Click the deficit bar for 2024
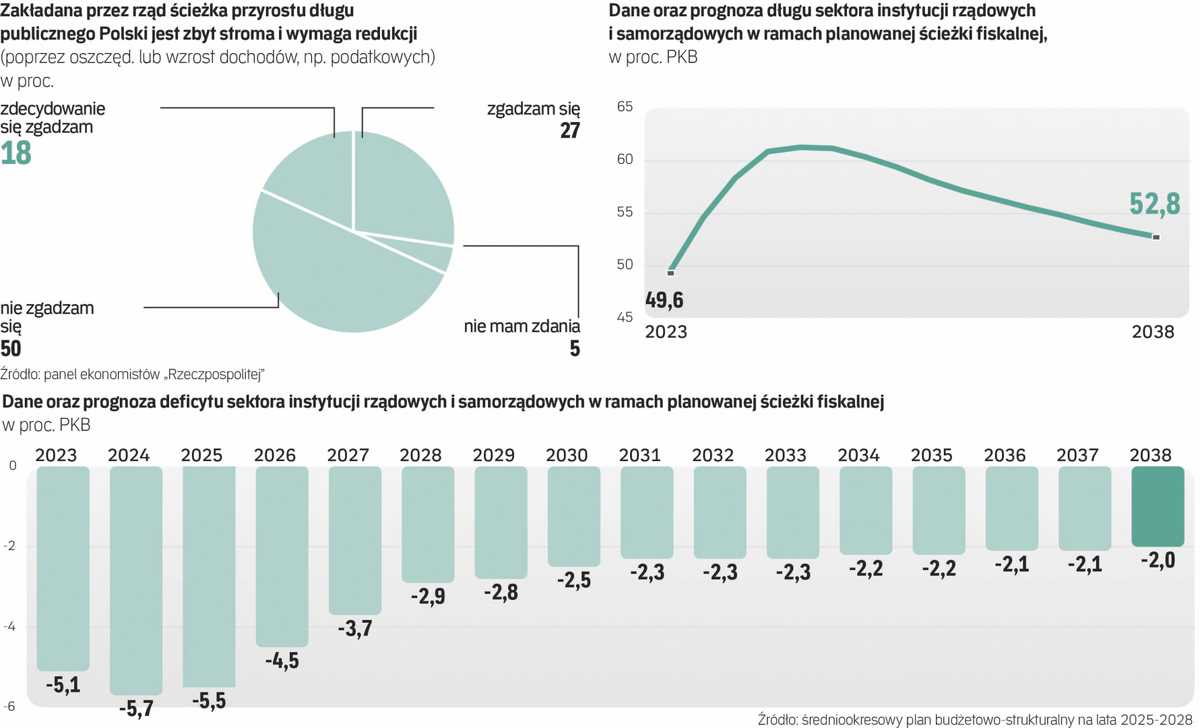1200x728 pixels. pos(136,580)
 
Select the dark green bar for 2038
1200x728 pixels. pos(1158,506)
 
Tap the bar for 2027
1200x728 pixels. pos(355,539)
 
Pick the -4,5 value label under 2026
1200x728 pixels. pos(282,661)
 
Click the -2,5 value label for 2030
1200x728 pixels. pos(574,580)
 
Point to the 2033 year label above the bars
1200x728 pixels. pos(786,456)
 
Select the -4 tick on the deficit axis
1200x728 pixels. pos(10,627)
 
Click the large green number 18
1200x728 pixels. pos(16,153)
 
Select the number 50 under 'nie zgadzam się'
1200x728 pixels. pos(11,348)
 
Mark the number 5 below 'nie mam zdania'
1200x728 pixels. pos(575,348)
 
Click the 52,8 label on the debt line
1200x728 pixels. pos(1155,204)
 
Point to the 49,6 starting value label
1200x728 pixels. pos(664,300)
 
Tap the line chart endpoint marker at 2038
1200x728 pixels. pos(1156,237)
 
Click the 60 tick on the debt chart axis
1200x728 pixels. pos(625,160)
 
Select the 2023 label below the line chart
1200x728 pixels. pos(666,332)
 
